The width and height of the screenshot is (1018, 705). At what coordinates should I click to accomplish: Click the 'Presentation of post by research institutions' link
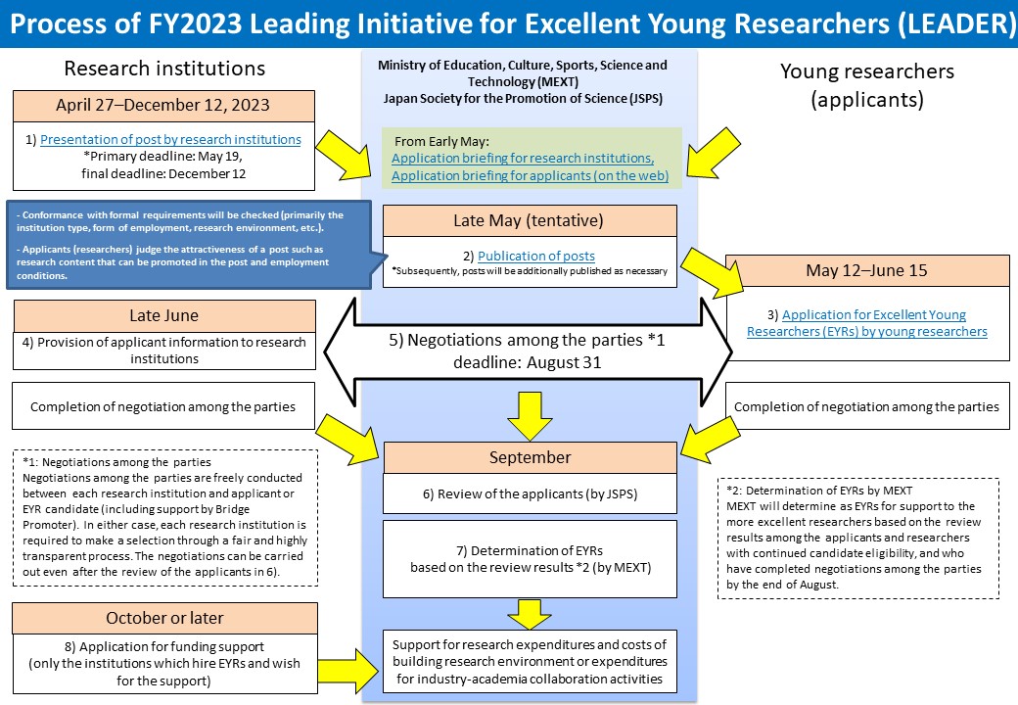point(170,140)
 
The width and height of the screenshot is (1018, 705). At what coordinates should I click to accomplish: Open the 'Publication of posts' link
point(536,257)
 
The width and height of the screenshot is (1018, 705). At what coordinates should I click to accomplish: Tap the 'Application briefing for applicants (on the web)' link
point(530,176)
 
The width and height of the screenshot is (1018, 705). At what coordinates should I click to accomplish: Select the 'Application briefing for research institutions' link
point(523,159)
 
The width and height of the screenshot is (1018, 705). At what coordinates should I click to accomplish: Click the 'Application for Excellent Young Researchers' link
point(866,323)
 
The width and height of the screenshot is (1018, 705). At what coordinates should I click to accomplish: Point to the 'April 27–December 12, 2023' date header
point(163,105)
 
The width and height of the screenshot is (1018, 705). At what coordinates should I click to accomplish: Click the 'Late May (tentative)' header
point(530,220)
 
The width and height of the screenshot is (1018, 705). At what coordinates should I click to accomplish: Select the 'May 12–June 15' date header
point(866,270)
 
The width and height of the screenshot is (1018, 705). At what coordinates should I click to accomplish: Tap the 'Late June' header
point(164,315)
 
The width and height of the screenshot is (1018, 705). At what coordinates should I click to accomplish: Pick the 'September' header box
point(530,457)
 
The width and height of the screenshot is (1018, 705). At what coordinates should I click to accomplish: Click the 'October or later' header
point(164,618)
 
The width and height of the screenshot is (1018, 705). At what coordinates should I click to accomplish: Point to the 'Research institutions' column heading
point(164,69)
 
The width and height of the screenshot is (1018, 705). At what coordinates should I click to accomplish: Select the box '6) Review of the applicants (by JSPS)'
point(530,494)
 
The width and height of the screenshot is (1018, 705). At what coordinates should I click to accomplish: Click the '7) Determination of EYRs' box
point(530,559)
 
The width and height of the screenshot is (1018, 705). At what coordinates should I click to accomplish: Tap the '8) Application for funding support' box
point(164,664)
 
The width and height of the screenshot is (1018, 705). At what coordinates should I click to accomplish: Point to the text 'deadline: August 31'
point(528,362)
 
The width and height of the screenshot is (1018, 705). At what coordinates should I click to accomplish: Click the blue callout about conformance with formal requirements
point(189,245)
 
